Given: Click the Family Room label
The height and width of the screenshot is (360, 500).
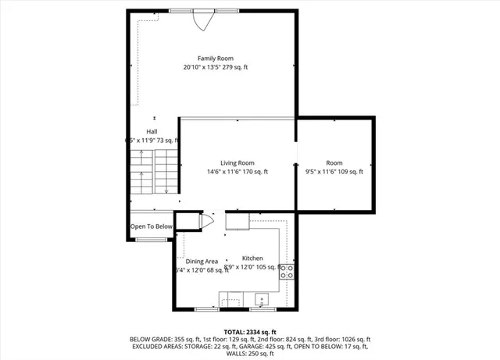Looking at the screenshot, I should pyautogui.click(x=215, y=59).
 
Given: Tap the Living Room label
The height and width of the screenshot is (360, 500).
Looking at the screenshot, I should pyautogui.click(x=237, y=163).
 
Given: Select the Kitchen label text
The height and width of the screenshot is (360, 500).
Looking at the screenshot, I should pyautogui.click(x=252, y=258).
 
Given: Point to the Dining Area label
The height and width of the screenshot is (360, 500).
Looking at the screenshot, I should pyautogui.click(x=202, y=262).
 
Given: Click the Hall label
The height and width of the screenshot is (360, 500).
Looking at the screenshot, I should pyautogui.click(x=152, y=131).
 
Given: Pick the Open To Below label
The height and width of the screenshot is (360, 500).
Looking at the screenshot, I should pyautogui.click(x=152, y=226).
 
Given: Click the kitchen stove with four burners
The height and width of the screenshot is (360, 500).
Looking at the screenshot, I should pyautogui.click(x=287, y=272).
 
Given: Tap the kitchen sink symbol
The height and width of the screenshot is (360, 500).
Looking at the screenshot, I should pyautogui.click(x=261, y=298).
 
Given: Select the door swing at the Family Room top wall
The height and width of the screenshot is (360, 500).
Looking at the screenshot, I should pyautogui.click(x=202, y=21).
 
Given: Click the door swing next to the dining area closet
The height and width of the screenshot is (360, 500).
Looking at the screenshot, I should pyautogui.click(x=207, y=221).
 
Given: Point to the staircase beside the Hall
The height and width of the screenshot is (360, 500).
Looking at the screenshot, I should pyautogui.click(x=155, y=173).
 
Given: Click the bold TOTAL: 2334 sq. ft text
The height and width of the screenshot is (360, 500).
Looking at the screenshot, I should pyautogui.click(x=250, y=332).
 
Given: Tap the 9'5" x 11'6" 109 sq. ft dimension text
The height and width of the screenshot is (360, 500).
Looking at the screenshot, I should pyautogui.click(x=334, y=172).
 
